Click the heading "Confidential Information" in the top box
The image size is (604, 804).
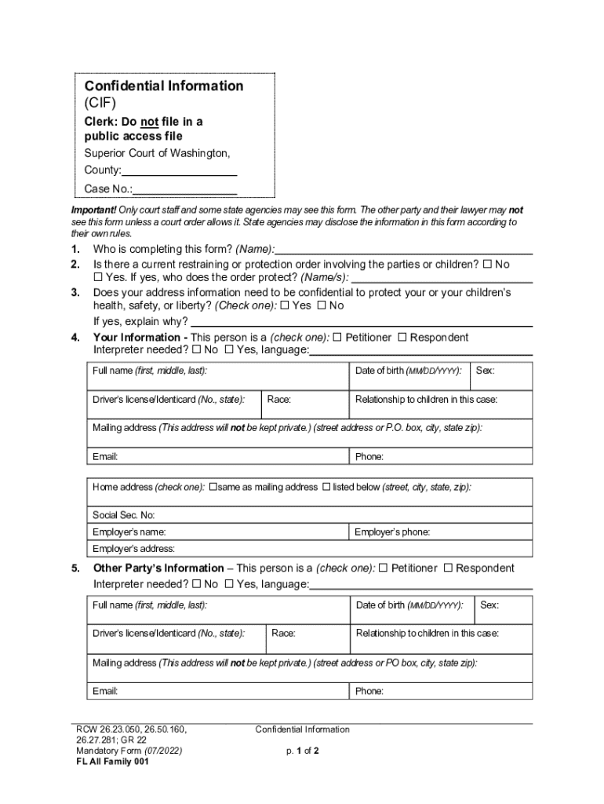(x=164, y=86)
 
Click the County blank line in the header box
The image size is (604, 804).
(x=180, y=172)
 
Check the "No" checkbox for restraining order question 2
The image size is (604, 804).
(x=487, y=265)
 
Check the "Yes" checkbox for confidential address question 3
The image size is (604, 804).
(x=285, y=305)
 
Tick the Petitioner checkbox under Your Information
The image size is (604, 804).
(x=337, y=338)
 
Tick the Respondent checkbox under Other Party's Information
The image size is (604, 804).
(x=449, y=568)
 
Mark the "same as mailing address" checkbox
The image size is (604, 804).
(x=213, y=487)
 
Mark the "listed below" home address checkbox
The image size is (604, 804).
(x=326, y=487)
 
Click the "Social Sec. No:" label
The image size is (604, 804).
(x=123, y=515)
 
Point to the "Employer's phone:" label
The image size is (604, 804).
(x=392, y=532)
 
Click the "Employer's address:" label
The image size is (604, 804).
(x=133, y=549)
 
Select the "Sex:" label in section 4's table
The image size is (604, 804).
(x=485, y=371)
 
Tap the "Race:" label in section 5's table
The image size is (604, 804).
(x=283, y=633)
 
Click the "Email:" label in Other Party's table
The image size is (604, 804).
(x=105, y=692)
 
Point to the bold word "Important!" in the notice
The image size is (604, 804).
(x=93, y=210)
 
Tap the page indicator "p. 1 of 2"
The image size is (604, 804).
(x=302, y=751)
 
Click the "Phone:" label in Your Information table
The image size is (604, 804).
(x=369, y=457)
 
